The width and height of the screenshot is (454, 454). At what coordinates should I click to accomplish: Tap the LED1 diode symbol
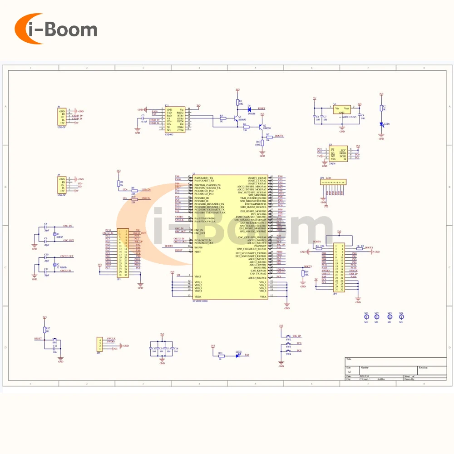pos(381,124)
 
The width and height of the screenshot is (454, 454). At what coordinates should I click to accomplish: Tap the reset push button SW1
pos(55,339)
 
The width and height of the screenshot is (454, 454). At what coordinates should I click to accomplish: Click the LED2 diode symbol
pos(238,355)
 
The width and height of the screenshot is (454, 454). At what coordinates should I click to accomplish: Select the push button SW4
pos(288,351)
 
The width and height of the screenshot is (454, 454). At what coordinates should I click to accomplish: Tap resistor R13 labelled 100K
pos(262,143)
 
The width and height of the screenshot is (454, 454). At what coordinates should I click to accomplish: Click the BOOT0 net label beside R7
pos(279,136)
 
